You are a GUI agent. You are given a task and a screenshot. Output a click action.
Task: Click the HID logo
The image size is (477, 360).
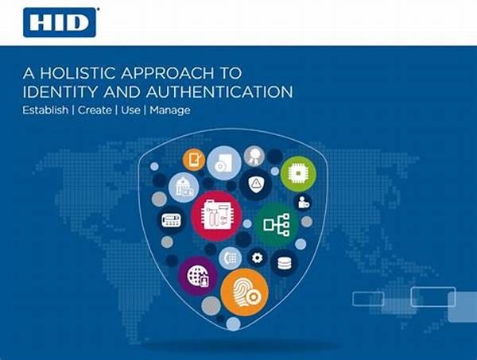coord(60,22)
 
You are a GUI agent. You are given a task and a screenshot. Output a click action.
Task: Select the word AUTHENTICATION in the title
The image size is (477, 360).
coord(219,92)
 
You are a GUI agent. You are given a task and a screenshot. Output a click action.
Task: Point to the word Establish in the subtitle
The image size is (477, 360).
coord(45,110)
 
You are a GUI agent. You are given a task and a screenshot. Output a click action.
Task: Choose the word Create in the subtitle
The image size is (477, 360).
coord(95,110)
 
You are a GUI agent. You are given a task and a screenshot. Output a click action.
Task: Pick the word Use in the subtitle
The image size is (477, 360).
coord(130,110)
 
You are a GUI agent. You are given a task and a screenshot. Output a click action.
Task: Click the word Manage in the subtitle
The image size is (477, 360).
coord(170,110)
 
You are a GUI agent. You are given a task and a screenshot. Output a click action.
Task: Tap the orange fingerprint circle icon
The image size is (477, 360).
coord(244,292)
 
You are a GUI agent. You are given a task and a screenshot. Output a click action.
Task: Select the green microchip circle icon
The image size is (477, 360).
coord(298,173)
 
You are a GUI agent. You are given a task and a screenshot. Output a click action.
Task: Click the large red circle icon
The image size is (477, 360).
coord(216,216)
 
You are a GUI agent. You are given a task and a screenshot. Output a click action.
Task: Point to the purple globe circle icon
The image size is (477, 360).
coord(198,276)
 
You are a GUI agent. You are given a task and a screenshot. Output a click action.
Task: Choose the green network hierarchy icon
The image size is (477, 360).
coord(276,225)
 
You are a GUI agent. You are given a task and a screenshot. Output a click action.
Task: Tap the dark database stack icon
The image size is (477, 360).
coord(284,263)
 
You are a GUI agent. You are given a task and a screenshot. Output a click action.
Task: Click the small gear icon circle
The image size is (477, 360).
coord(258,257)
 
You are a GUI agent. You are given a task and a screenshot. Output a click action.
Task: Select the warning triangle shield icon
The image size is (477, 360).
coord(256,184)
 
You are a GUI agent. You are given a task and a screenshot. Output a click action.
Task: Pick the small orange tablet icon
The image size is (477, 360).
coord(194,160)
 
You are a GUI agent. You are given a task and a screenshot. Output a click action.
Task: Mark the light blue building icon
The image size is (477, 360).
coord(184,188)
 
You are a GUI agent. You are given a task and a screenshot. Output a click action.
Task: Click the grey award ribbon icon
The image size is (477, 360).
coord(254,157)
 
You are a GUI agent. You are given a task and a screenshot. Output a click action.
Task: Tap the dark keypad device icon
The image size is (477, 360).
coord(171,219)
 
